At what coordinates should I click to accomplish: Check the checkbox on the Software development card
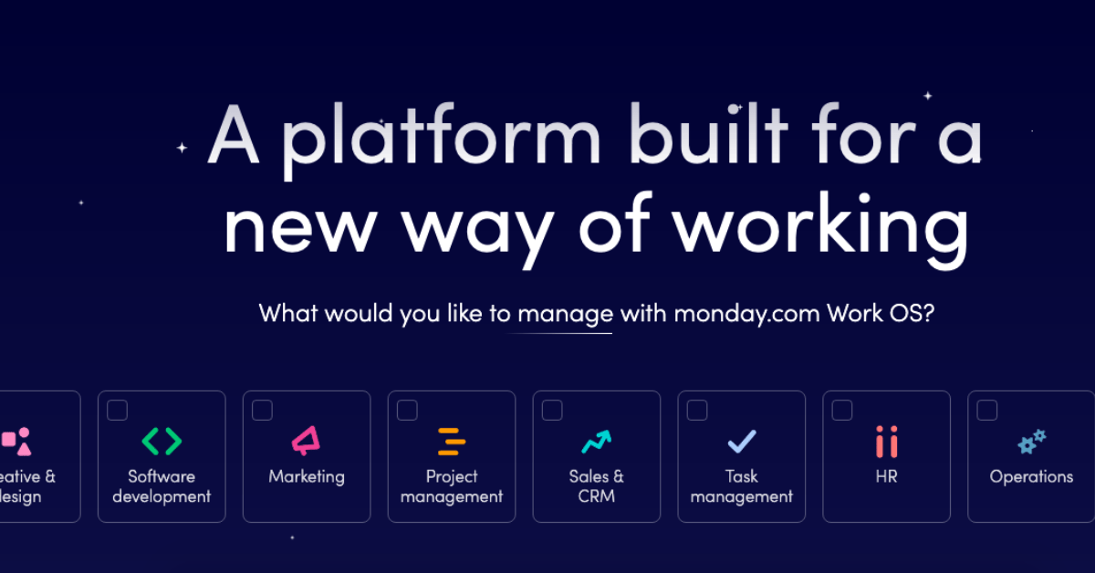coord(117,411)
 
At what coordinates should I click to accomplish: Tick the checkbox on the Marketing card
coord(262,411)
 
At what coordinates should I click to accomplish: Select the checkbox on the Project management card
coord(407,411)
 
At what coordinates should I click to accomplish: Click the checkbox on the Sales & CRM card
coord(552,411)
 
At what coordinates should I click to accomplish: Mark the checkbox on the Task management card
coord(697,411)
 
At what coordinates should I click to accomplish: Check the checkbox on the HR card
coord(842,411)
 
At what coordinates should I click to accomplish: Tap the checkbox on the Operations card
coord(987,411)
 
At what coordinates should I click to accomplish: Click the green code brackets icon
coord(162,442)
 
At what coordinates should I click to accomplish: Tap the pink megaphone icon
coord(306,442)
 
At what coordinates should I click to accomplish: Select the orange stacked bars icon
coord(452,442)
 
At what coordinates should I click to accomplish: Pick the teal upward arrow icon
coord(596,442)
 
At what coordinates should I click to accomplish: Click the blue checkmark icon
coord(741,443)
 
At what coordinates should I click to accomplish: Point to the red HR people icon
coord(886,442)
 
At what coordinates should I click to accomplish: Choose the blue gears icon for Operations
coord(1031,442)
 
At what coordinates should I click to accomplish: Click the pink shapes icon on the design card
coord(16,442)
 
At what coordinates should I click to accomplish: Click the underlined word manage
coord(565,315)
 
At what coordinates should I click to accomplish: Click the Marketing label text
coord(307,476)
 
